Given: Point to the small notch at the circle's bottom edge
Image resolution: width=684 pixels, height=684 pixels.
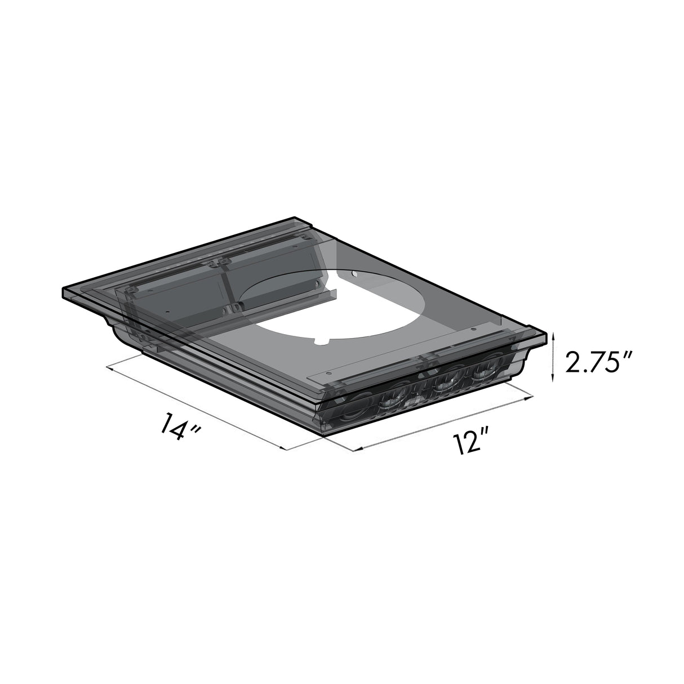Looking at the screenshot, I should [x=321, y=341].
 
